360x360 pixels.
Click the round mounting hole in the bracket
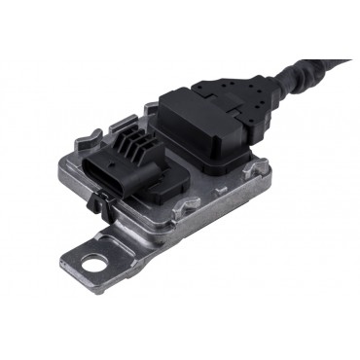click(x=92, y=262)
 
